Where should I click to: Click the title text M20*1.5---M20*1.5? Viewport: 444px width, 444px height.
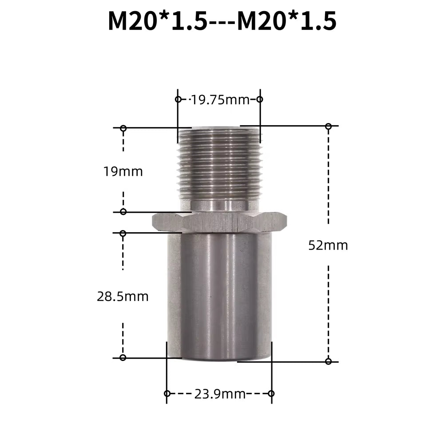222,21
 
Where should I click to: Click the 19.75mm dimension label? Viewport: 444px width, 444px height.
220,100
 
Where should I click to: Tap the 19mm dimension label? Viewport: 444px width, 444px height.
123,171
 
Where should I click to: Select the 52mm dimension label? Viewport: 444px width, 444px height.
328,245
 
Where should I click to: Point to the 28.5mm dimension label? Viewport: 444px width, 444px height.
123,297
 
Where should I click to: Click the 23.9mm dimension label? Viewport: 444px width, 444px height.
220,394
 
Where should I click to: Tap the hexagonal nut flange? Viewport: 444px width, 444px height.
219,222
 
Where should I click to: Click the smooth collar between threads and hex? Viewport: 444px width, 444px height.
220,205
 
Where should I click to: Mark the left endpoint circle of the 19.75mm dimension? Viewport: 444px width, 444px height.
178,99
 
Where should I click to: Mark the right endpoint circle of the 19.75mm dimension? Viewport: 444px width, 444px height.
260,99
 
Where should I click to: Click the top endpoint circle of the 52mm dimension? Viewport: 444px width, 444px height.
328,127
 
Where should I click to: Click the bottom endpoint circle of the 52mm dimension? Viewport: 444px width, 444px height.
328,361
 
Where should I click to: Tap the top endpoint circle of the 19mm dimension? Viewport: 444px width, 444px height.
123,128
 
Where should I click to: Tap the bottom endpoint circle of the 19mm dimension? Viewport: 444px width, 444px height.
123,211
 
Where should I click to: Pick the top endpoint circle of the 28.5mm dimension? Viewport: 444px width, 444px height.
123,233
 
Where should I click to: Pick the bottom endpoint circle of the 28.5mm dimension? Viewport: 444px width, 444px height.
123,357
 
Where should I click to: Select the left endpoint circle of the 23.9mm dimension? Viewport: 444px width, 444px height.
167,393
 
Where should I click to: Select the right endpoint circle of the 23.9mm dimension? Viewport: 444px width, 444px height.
271,393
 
